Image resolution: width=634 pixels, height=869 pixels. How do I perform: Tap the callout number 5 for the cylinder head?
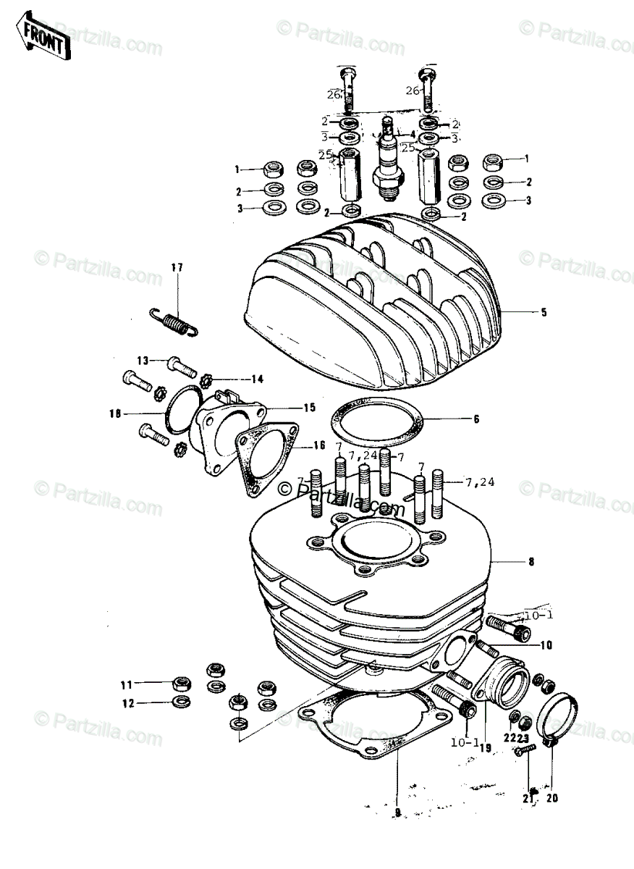[x=543, y=313]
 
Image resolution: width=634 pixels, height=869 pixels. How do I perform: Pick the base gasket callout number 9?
[x=397, y=812]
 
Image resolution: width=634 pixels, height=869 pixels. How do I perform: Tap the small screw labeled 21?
[x=523, y=754]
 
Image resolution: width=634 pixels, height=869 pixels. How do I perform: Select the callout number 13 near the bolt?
[x=142, y=360]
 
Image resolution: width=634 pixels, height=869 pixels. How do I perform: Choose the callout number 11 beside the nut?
[x=127, y=684]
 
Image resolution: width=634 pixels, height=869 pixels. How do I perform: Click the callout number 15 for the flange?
[x=310, y=408]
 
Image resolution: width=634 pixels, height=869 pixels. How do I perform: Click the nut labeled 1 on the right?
[x=494, y=161]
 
